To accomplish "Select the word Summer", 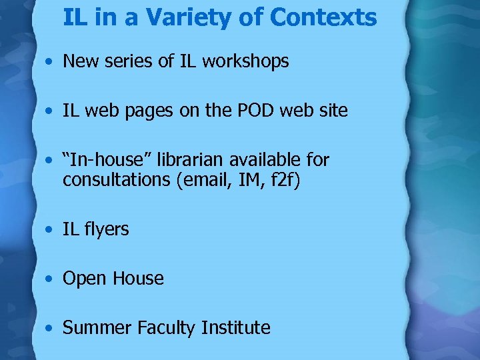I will tap(97, 328).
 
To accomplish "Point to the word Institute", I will tap(236, 328).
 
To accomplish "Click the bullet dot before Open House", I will tap(51, 279).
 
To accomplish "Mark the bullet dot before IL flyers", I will tap(51, 230).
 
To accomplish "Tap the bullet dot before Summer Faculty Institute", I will tap(51, 329).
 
